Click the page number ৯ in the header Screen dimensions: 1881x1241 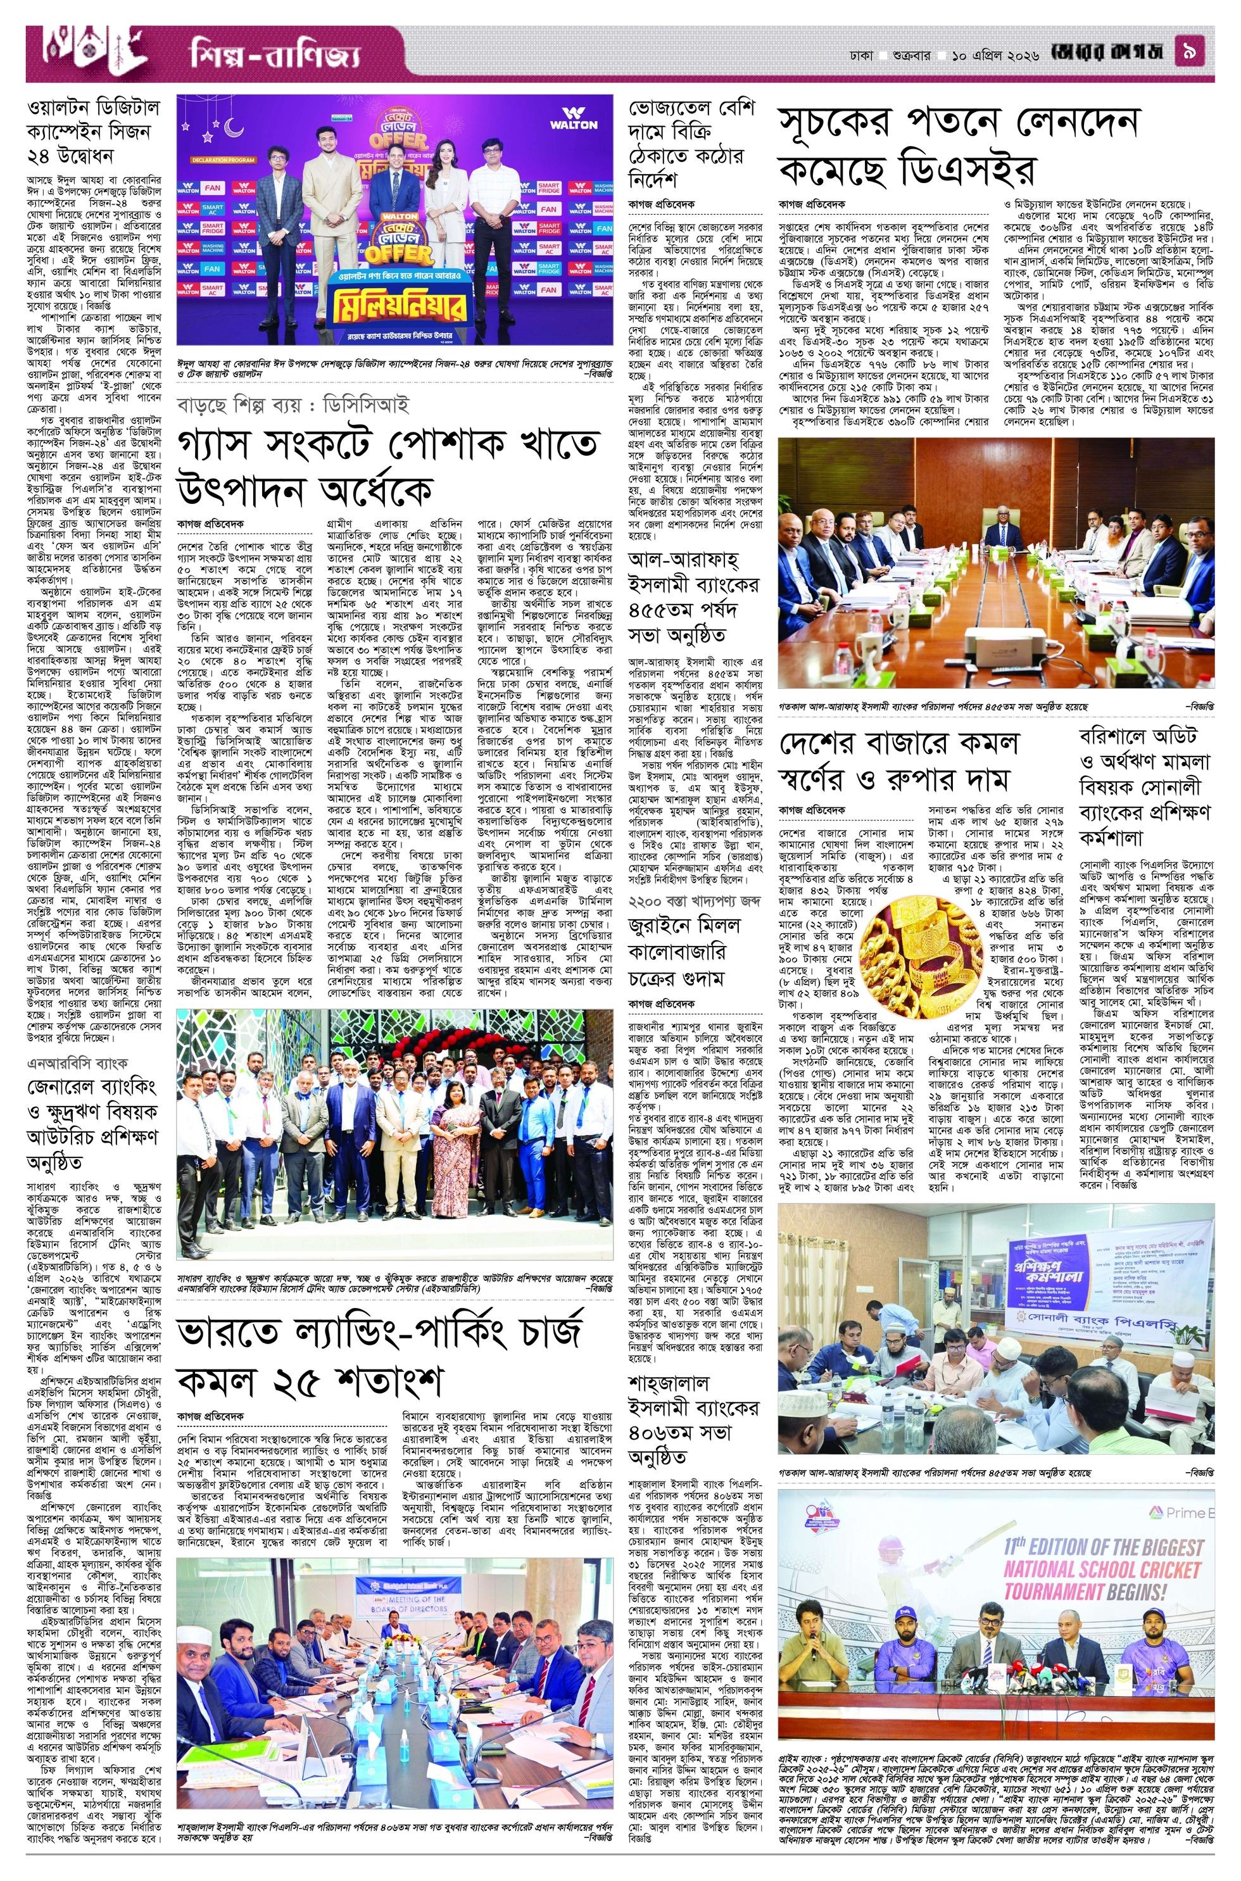(x=1200, y=56)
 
